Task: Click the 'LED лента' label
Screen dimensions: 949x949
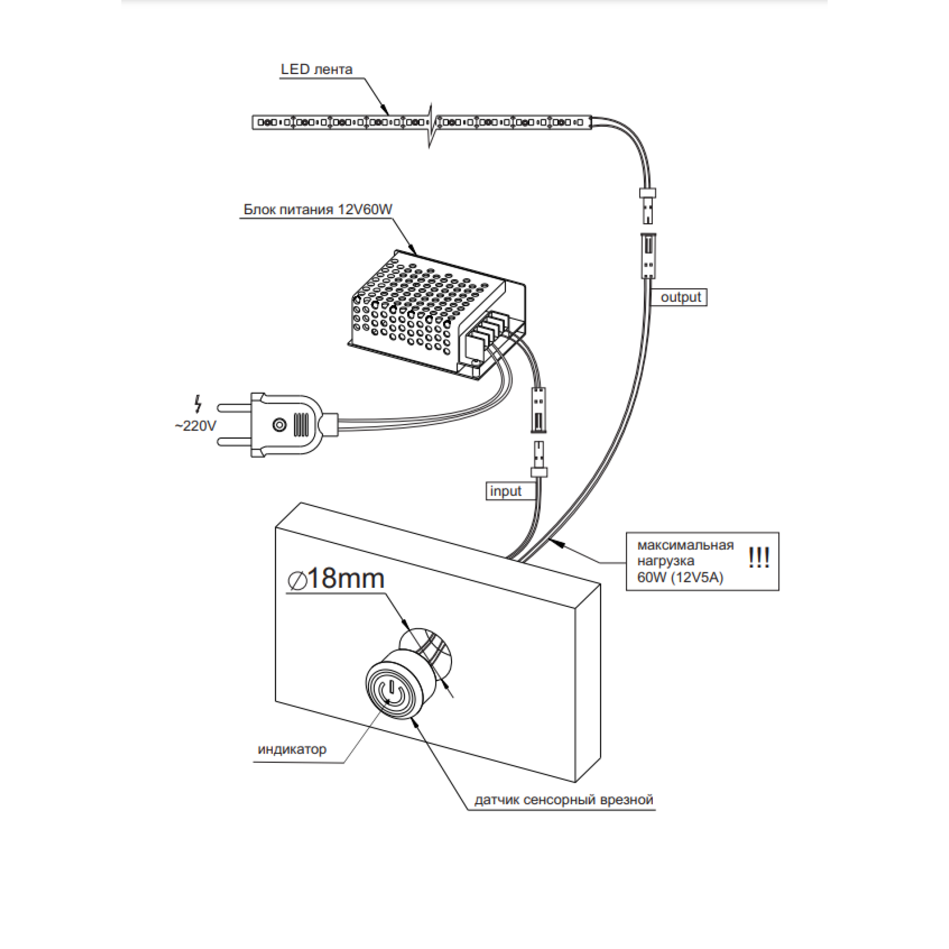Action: point(316,69)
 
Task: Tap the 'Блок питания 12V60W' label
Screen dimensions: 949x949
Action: point(318,209)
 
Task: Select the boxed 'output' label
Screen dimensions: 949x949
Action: point(679,297)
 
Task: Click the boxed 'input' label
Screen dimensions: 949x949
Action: point(506,491)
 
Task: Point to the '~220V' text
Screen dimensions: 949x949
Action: point(195,426)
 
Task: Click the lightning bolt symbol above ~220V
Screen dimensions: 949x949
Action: point(198,404)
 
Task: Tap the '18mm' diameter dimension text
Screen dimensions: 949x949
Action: point(346,578)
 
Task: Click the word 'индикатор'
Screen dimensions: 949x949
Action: point(292,749)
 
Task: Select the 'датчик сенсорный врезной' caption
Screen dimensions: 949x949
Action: point(563,800)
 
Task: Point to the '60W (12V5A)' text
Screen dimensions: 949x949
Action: point(680,577)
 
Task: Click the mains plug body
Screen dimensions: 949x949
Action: point(288,425)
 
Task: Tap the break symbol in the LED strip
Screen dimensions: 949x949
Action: point(431,125)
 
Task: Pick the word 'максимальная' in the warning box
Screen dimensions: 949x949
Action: point(685,545)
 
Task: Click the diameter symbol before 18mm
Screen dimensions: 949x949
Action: point(297,581)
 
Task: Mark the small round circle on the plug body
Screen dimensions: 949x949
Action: point(279,425)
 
